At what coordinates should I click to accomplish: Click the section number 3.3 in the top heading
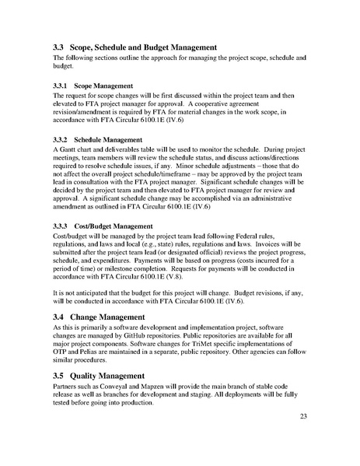tap(60, 47)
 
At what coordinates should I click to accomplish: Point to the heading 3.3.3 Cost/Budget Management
tap(113, 226)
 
